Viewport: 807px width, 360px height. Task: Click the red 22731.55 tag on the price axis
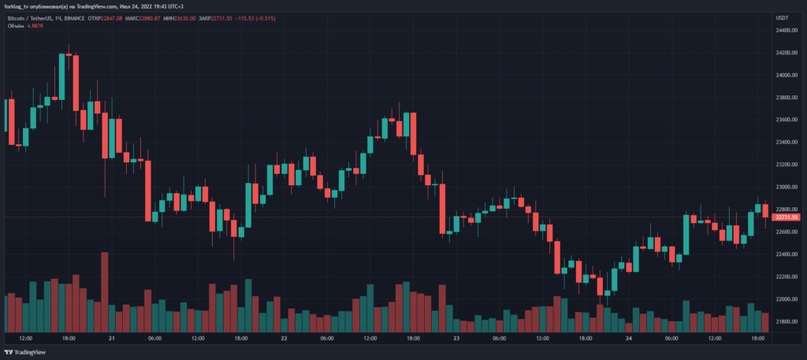(x=787, y=217)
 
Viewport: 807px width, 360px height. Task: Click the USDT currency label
(x=783, y=17)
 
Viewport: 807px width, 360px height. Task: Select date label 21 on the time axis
(x=111, y=339)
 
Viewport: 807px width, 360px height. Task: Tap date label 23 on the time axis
(x=456, y=339)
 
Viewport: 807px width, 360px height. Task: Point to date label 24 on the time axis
(x=627, y=339)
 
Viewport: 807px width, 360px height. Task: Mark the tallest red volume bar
(x=105, y=291)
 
